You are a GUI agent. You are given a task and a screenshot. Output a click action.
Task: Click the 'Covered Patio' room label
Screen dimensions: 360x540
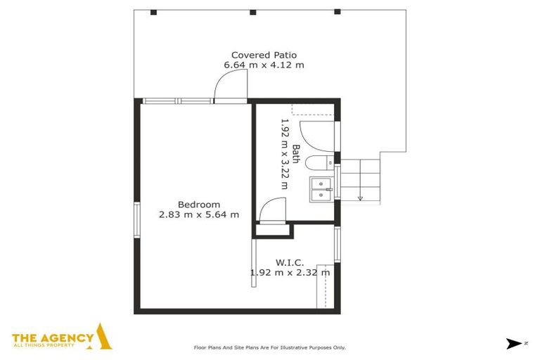pos(264,55)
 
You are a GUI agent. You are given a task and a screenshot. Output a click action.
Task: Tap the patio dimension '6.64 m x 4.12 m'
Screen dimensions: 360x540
pos(264,65)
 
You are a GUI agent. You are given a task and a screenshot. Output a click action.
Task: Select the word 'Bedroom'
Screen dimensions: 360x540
pos(198,205)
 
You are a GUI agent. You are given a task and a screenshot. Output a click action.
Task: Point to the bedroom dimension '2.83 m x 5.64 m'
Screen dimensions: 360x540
pos(198,214)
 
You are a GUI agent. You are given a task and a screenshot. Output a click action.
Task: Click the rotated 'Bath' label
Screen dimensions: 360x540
pos(296,153)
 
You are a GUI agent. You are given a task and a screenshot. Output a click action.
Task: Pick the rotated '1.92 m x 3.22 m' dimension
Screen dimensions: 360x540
pos(285,153)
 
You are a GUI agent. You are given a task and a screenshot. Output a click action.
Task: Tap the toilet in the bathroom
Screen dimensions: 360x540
pos(325,163)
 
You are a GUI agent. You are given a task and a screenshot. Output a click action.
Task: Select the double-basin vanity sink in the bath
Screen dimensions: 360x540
pos(321,188)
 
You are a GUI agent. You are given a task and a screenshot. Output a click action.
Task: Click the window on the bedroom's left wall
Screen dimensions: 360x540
pos(137,220)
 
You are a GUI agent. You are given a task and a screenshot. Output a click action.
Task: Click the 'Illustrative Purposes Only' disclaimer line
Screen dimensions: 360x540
pos(269,347)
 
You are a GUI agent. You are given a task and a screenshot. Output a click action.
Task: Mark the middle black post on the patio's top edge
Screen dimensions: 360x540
pos(252,12)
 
